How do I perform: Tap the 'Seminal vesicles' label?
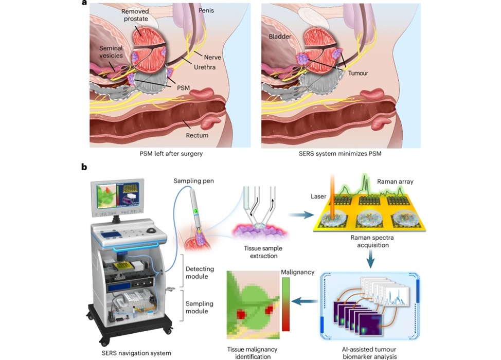point(111,53)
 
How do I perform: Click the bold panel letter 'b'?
point(83,167)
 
